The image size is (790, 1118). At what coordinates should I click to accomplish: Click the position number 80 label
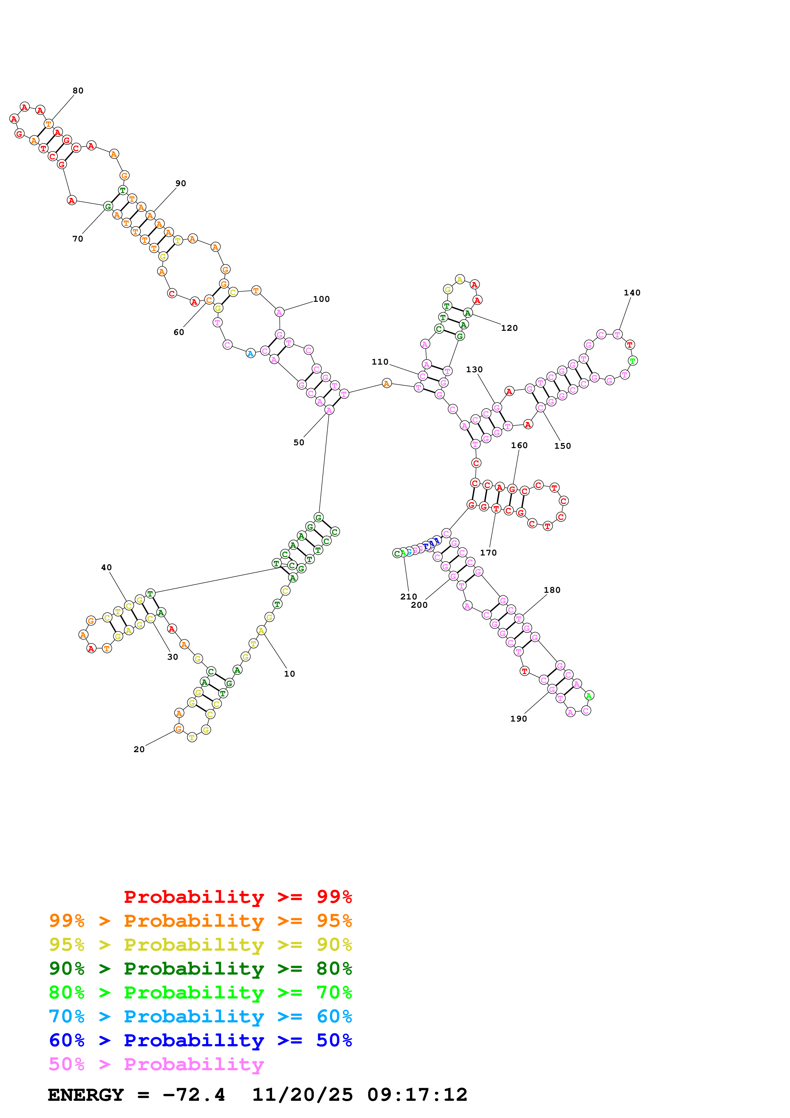78,91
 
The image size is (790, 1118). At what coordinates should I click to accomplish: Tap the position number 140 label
632,293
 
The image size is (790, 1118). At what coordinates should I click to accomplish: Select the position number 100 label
321,299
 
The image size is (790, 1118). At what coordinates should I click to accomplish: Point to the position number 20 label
139,749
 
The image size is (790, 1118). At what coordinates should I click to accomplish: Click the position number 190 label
518,719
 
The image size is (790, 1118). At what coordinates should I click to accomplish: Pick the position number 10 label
290,674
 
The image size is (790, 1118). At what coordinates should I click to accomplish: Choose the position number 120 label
509,328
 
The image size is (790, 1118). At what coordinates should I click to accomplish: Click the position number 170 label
488,553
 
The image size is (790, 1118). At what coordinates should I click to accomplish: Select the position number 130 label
474,370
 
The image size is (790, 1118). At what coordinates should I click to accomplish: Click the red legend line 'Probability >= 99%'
237,897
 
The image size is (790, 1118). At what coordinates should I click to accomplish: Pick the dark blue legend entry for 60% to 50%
200,1041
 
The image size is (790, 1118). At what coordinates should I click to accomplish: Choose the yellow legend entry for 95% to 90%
200,945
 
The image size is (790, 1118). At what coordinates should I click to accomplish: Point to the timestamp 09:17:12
417,1095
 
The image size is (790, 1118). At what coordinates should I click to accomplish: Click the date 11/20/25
302,1095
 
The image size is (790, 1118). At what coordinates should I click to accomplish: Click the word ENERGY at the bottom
86,1095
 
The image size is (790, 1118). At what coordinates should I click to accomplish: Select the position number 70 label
78,239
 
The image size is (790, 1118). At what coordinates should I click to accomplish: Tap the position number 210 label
409,597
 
